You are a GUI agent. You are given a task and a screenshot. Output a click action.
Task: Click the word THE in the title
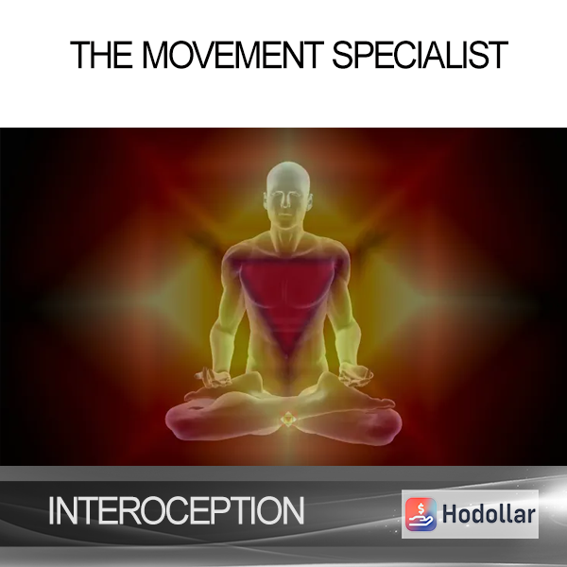(x=101, y=55)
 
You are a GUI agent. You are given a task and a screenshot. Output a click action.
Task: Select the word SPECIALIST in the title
(x=421, y=55)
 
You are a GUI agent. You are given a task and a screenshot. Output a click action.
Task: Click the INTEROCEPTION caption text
(x=177, y=510)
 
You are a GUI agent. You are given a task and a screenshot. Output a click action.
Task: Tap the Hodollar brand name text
(x=489, y=514)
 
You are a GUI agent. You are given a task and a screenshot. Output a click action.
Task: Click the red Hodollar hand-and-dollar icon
(x=421, y=514)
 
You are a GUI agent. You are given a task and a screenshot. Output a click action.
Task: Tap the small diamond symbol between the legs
(x=287, y=419)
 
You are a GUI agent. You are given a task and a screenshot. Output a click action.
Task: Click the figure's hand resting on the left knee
(x=214, y=378)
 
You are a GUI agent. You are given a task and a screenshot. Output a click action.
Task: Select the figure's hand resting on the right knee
(x=356, y=376)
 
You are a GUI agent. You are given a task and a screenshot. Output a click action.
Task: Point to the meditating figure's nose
(x=286, y=202)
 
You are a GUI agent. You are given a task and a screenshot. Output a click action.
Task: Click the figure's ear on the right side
(x=310, y=200)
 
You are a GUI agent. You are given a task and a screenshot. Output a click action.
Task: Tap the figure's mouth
(x=285, y=215)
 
